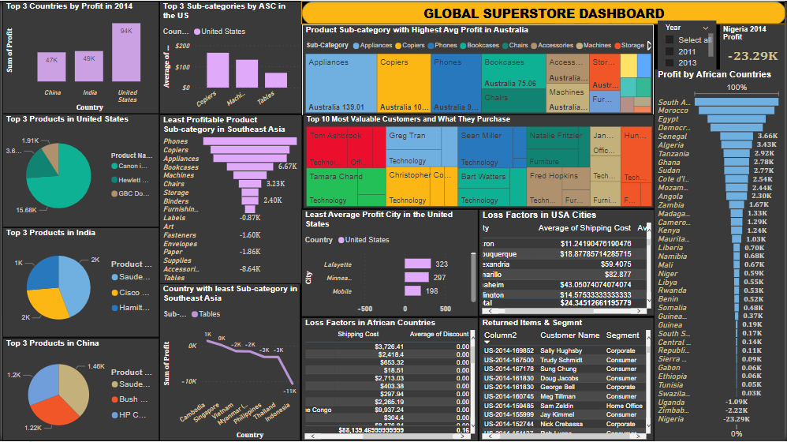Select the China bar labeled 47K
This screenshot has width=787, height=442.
point(51,68)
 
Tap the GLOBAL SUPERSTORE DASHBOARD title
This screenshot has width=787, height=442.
point(544,13)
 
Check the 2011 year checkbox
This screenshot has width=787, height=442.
point(669,51)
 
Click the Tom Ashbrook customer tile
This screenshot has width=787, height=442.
point(335,136)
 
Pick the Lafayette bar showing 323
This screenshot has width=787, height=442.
point(417,264)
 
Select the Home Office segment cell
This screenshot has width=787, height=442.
point(624,406)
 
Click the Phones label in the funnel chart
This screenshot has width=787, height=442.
point(175,141)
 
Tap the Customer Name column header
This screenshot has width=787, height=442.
point(569,335)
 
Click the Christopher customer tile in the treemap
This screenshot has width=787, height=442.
point(409,175)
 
